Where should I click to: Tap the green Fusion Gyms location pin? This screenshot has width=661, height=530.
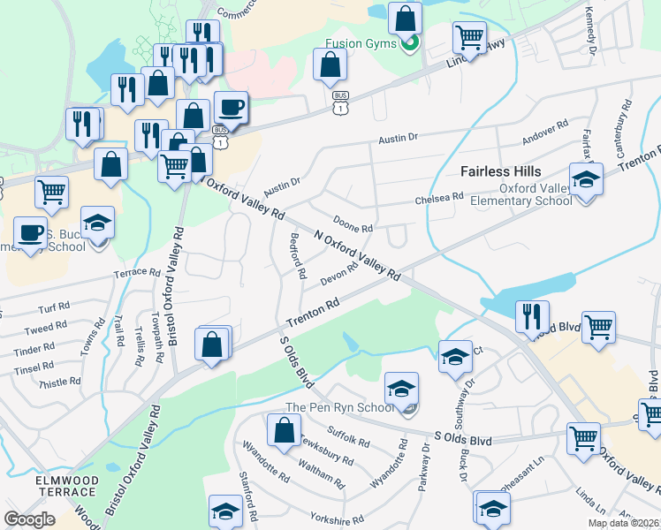coord(409,42)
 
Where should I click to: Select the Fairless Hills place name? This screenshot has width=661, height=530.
coord(500,171)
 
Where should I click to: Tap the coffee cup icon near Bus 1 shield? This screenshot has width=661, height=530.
coord(231,108)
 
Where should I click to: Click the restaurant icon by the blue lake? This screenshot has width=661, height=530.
coord(532,316)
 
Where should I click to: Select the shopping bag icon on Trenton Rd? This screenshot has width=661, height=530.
coord(212,344)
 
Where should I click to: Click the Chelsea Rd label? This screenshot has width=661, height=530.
coord(439,200)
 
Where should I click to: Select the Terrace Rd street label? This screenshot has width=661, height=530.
coord(136,273)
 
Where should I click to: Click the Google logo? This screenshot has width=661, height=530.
coord(29,519)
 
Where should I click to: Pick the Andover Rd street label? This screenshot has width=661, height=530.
coord(544,133)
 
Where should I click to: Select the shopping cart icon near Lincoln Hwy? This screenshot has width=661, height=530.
coord(469,38)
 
